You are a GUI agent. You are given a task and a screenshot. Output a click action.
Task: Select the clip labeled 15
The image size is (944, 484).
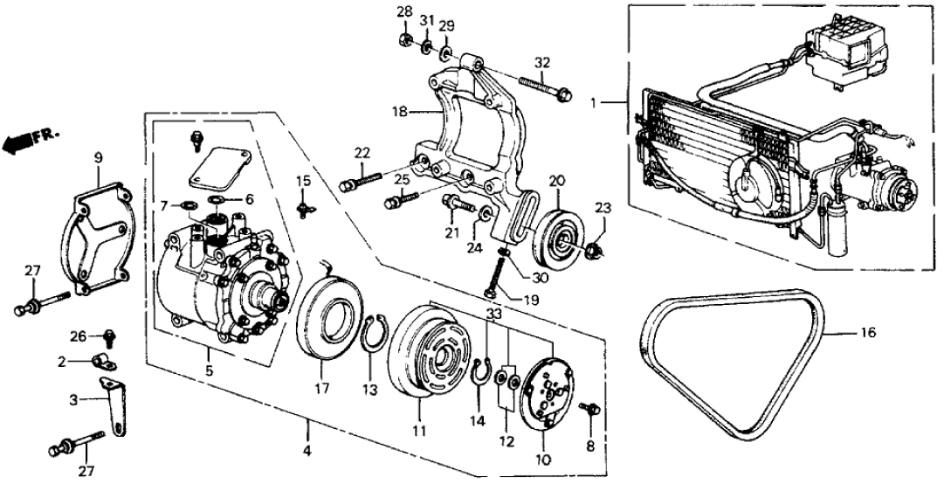click(305, 208)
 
